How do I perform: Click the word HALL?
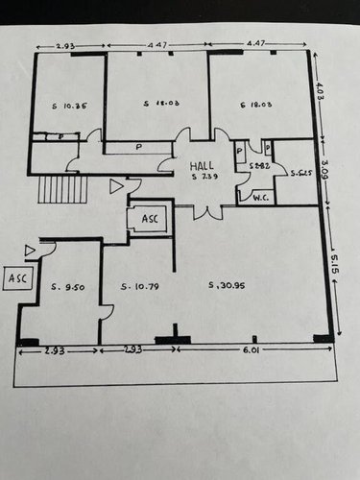201,163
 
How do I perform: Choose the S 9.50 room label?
70,286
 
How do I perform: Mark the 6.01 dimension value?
252,351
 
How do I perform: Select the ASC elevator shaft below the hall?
149,219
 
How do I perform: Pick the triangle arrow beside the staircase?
116,186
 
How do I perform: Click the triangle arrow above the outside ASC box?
31,251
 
